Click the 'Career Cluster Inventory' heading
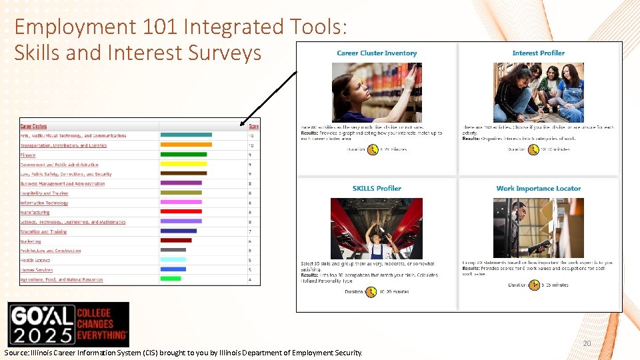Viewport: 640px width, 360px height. (377, 53)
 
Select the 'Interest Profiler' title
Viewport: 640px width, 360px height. (538, 53)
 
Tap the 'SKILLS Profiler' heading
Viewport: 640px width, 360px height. (377, 189)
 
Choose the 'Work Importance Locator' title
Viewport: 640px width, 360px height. (539, 189)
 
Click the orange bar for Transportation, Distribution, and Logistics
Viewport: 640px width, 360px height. (186, 145)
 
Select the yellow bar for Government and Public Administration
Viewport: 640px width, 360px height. (183, 164)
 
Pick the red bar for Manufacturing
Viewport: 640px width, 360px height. (181, 212)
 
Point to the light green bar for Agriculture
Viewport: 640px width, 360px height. (171, 279)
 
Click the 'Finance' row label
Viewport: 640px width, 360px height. (28, 155)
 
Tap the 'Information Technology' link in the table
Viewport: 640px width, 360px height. (44, 203)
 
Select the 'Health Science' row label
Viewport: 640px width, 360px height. (35, 260)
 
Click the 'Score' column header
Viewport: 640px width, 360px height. (253, 126)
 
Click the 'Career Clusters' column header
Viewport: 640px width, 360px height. (33, 126)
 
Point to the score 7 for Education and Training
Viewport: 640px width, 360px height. (250, 231)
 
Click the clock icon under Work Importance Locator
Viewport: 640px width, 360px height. (534, 285)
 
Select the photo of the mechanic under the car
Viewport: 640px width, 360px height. (377, 229)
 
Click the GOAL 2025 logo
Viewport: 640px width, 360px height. (68, 324)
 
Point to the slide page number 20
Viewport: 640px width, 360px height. (587, 343)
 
